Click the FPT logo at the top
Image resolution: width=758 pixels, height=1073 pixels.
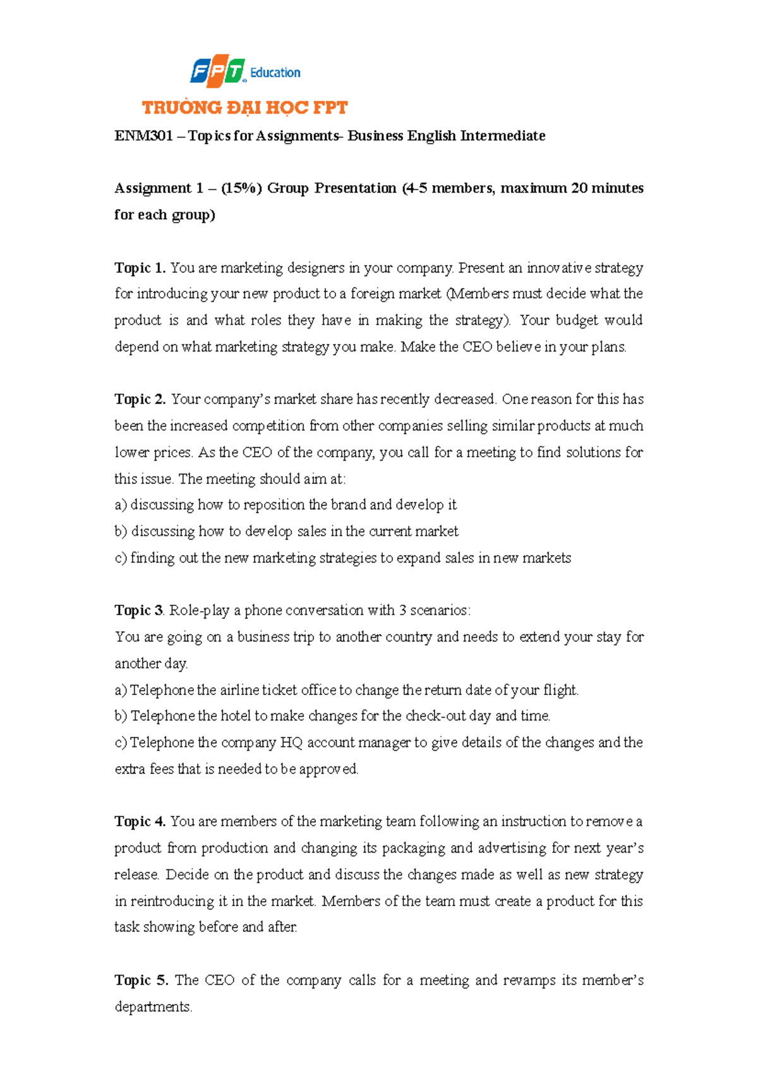(x=217, y=71)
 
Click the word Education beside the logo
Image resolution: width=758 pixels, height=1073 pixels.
(x=275, y=73)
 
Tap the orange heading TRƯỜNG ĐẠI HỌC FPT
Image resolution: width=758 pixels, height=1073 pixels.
(x=244, y=108)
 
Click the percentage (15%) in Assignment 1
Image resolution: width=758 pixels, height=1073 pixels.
(x=241, y=188)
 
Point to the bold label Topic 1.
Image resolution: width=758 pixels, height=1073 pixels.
(x=140, y=268)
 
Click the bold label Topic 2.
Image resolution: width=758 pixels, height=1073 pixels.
(x=140, y=399)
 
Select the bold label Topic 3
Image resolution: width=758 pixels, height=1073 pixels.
(x=139, y=610)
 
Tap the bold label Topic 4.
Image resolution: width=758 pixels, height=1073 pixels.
(x=140, y=821)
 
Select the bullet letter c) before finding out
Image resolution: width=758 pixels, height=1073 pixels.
(x=121, y=558)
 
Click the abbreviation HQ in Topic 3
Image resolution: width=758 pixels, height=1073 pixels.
(x=291, y=743)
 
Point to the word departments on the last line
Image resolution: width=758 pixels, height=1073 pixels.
(x=152, y=1007)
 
